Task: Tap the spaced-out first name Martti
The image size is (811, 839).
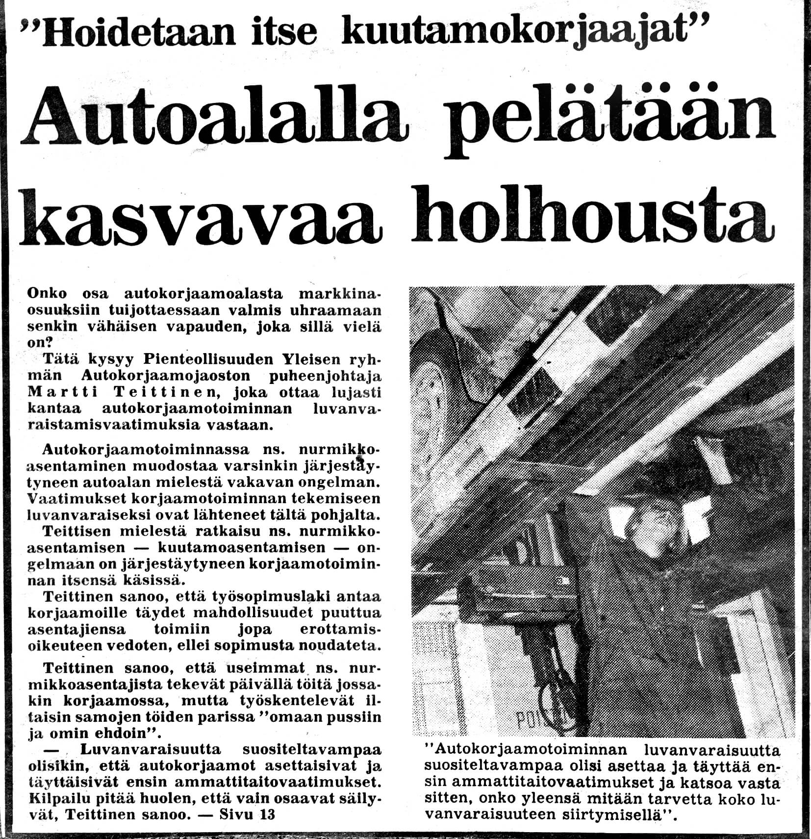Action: click(56, 392)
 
